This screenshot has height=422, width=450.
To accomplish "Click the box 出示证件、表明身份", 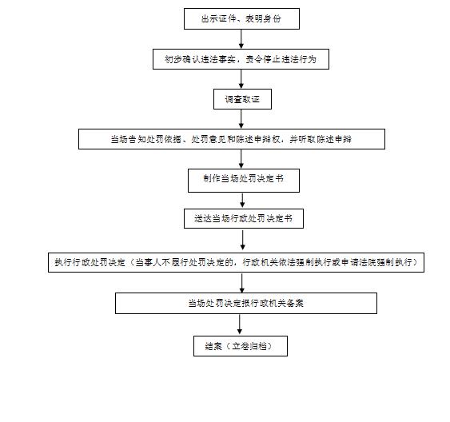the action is pyautogui.click(x=241, y=18).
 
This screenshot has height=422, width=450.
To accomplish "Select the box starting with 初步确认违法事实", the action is pyautogui.click(x=241, y=59).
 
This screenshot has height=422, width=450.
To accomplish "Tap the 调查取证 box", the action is pyautogui.click(x=242, y=99).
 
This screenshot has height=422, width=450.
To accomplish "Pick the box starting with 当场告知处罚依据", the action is pyautogui.click(x=232, y=139).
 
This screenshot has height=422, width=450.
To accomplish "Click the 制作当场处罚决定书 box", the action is pyautogui.click(x=244, y=181).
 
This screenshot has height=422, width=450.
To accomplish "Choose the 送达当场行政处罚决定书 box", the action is pyautogui.click(x=244, y=219).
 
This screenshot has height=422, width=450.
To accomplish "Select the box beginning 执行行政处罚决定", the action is pyautogui.click(x=237, y=262).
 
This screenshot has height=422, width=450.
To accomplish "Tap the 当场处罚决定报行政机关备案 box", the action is pyautogui.click(x=246, y=303).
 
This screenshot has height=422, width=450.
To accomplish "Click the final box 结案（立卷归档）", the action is pyautogui.click(x=241, y=346).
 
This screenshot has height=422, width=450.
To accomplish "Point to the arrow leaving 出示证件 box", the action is pyautogui.click(x=241, y=39).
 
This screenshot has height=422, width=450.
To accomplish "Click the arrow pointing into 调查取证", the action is pyautogui.click(x=241, y=79).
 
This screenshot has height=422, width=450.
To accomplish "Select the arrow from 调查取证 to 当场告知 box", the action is pyautogui.click(x=241, y=119).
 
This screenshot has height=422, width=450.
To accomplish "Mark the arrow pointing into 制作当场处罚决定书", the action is pyautogui.click(x=241, y=159).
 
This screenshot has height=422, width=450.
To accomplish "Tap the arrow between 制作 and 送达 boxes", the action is pyautogui.click(x=242, y=201).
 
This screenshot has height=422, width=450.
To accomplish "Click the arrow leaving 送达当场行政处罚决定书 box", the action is pyautogui.click(x=243, y=241).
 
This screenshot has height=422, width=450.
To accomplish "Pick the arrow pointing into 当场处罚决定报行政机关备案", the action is pyautogui.click(x=242, y=283).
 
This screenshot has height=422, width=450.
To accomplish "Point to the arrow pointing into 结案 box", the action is pyautogui.click(x=240, y=324).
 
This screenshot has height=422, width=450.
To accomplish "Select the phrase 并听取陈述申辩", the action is pyautogui.click(x=321, y=139).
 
